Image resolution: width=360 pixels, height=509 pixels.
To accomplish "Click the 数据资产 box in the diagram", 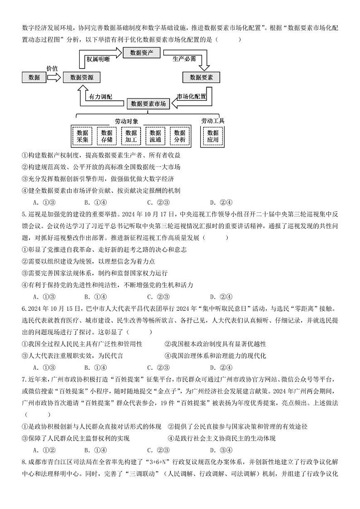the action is pos(141,53).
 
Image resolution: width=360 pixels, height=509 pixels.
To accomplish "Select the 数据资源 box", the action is pos(82,78).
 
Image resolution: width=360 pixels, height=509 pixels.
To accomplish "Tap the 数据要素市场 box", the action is pos(148,104).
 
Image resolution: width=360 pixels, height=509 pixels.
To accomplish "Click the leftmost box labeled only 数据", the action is pos(34,78).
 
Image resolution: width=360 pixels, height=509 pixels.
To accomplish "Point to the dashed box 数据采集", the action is pos(82,136).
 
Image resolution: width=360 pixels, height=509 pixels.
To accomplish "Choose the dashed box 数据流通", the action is pos(155,136).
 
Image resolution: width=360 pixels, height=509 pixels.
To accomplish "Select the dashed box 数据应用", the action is pos(213,136).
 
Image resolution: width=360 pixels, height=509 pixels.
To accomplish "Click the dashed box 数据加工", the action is pos(131,136).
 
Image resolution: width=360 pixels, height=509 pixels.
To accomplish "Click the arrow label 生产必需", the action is pos(184,59).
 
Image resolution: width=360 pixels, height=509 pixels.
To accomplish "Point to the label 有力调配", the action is pos(101,97).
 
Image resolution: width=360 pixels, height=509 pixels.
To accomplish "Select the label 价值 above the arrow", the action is pos(52,68).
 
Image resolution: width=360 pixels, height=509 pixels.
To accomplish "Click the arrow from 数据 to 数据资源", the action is pos(54,78).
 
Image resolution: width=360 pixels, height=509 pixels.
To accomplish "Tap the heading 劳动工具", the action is pos(213,121).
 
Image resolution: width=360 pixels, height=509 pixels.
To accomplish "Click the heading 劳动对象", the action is pos(126,121).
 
